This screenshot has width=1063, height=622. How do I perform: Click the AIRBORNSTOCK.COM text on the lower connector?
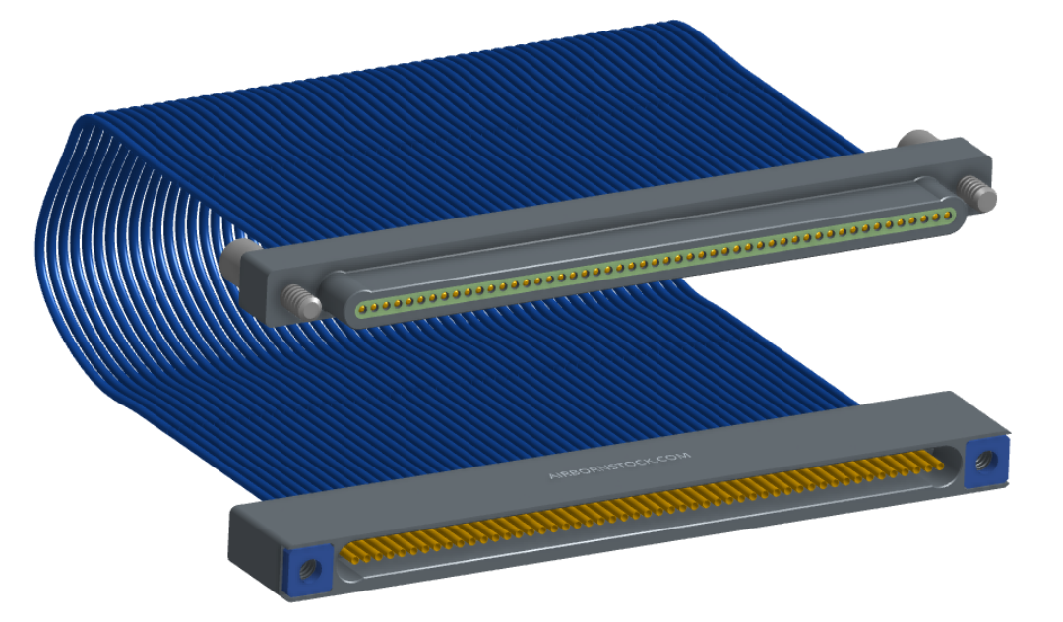tap(619, 466)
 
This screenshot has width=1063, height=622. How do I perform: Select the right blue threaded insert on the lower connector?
tap(985, 462)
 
